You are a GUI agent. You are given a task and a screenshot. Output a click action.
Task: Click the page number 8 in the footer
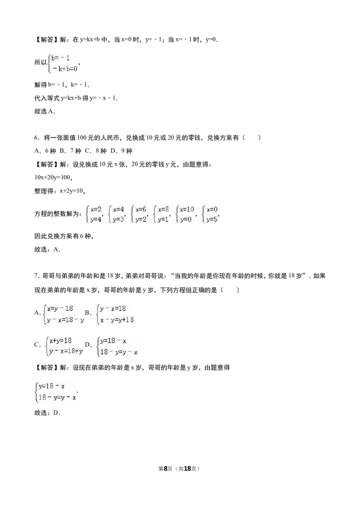click(x=166, y=469)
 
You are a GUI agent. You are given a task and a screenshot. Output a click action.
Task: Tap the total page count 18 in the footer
click(x=188, y=469)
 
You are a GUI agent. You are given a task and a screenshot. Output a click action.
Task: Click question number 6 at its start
click(x=36, y=138)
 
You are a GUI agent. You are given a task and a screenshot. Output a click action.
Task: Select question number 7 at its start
click(x=36, y=276)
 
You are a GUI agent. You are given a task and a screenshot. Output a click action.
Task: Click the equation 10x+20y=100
click(x=53, y=178)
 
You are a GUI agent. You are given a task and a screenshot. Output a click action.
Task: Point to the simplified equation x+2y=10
click(x=72, y=191)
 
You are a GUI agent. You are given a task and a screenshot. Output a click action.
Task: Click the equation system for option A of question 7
click(x=64, y=314)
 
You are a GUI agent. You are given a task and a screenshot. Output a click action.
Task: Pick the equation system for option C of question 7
click(x=64, y=346)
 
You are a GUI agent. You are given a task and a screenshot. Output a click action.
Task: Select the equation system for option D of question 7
click(x=117, y=346)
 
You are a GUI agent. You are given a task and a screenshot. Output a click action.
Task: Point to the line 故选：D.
click(x=47, y=413)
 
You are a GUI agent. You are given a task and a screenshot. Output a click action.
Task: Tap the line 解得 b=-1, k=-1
click(x=62, y=85)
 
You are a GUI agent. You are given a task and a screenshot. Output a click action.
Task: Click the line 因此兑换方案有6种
click(x=64, y=237)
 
